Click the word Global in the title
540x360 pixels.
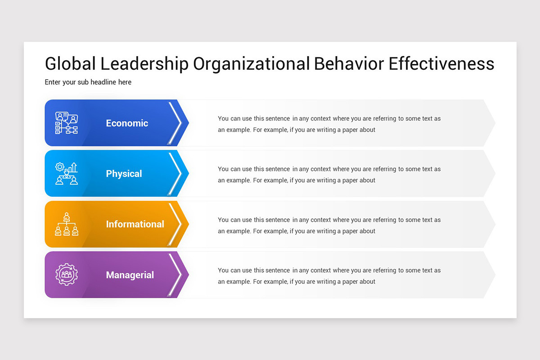[70, 64]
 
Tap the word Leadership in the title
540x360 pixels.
[144, 64]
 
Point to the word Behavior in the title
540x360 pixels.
[349, 64]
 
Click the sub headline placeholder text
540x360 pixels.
[88, 82]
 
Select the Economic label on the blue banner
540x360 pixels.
[127, 123]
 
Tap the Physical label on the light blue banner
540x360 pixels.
[124, 174]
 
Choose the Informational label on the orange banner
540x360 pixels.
[135, 224]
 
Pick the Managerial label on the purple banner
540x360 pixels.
[130, 275]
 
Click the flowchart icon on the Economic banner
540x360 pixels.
[66, 123]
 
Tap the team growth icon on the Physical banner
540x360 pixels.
[66, 174]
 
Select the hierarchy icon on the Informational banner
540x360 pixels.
[66, 224]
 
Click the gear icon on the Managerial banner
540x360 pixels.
[66, 274]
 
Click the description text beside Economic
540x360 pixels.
[329, 124]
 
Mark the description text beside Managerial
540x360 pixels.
[329, 276]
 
